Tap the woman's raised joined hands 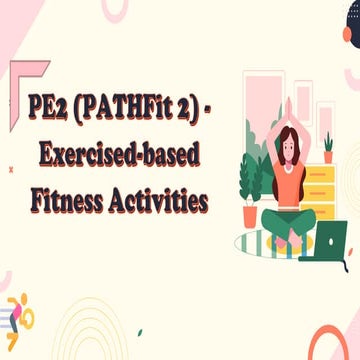coord(289,104)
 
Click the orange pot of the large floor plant coord(249,215)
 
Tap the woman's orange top coord(289,180)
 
